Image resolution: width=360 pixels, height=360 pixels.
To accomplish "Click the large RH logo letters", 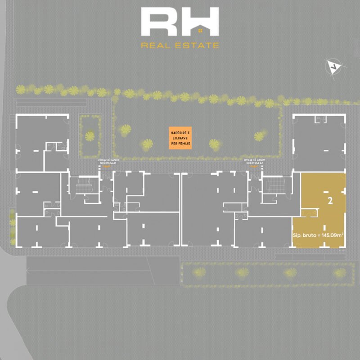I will click(180, 22).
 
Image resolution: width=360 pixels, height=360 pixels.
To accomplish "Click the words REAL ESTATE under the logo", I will click(180, 45).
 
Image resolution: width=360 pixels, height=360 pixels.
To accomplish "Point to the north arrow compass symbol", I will click(333, 67).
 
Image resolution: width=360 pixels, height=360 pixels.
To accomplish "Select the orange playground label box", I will click(180, 138).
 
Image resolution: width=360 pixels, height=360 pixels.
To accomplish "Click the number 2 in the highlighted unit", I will click(330, 202).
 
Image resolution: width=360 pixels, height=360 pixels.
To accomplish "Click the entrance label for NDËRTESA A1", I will click(107, 162).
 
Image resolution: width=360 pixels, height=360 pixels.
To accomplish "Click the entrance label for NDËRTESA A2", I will click(254, 162).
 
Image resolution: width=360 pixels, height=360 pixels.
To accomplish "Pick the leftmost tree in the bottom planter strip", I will click(199, 272).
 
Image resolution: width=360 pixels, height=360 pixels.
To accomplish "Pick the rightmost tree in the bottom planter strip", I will click(341, 273).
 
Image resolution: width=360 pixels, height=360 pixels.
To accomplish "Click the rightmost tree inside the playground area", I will click(259, 136).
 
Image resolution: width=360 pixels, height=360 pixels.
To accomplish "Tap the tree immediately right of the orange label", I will click(214, 144).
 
